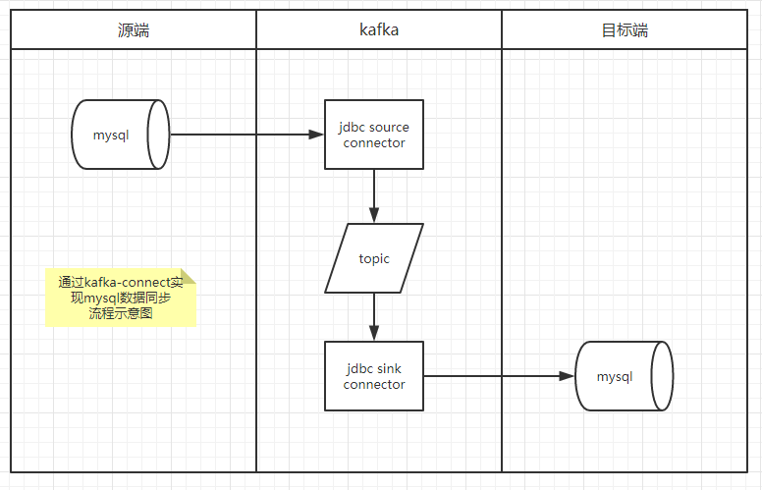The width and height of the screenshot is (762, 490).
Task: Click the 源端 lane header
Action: point(134,30)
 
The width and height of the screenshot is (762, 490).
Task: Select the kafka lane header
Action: point(379,30)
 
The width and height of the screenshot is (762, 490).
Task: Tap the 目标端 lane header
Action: point(625,30)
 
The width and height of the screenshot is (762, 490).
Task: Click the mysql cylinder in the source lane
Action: point(120,135)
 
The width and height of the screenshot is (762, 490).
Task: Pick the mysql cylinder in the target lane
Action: point(624,376)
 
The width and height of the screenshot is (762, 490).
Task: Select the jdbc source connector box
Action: point(374,135)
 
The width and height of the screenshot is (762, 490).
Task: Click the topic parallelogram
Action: point(374,258)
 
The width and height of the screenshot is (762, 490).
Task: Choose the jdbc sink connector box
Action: point(374,376)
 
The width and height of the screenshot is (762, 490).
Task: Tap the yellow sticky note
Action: point(120,299)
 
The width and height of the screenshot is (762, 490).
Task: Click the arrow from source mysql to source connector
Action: point(245,135)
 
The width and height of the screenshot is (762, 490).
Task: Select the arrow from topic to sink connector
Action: point(374,316)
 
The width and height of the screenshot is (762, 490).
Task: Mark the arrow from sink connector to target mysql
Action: point(496,376)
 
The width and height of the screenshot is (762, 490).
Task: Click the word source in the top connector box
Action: point(390,128)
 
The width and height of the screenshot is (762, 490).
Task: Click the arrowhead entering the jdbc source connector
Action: point(318,135)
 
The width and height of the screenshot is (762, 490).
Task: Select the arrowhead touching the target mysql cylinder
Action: point(568,376)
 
